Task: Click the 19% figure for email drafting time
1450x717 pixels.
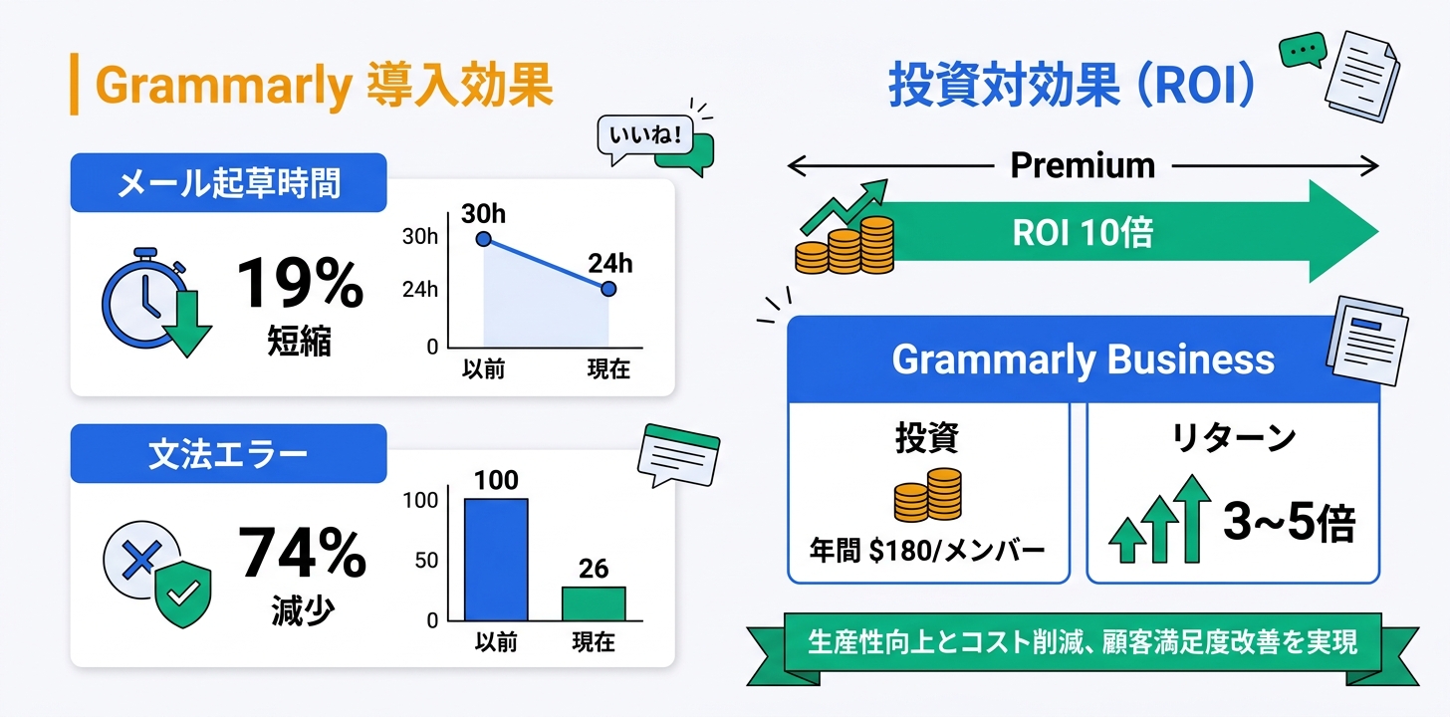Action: tap(300, 283)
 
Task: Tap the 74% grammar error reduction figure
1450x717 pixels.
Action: tap(302, 554)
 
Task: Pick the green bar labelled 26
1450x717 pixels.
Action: tap(594, 602)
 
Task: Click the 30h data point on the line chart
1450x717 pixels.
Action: tap(484, 239)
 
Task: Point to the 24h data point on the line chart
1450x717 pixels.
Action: tap(608, 289)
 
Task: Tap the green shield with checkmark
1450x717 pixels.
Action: tap(182, 594)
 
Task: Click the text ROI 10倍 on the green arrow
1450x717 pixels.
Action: tap(1083, 233)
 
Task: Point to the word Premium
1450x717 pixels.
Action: tap(1083, 165)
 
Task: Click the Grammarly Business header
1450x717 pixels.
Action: tap(1083, 359)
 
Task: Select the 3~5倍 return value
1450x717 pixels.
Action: tap(1289, 523)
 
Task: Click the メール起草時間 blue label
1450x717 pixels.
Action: tap(228, 183)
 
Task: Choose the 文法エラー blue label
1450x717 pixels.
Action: tap(228, 454)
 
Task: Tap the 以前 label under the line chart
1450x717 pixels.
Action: tap(484, 369)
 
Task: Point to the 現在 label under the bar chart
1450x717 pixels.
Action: tap(594, 642)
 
